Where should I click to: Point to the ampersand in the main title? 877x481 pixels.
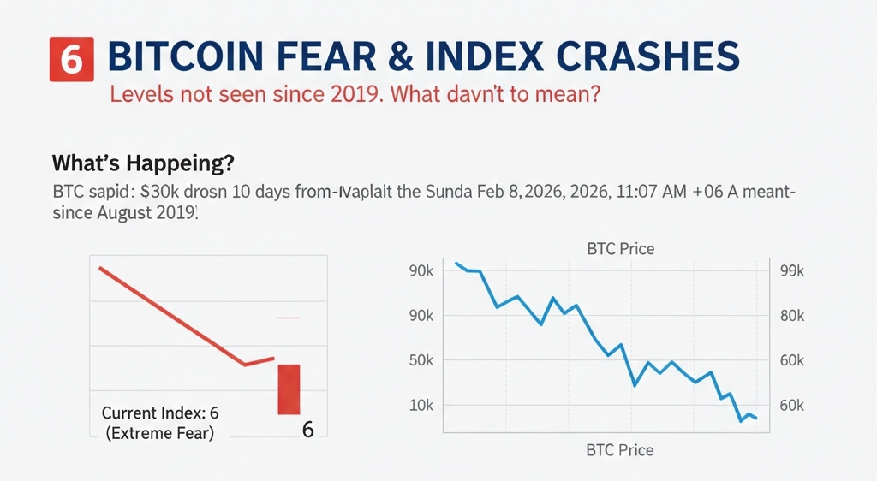(x=443, y=58)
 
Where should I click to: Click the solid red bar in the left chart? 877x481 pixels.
(x=289, y=389)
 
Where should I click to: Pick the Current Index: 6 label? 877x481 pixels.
(x=160, y=413)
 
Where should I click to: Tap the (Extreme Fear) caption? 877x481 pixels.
(x=160, y=433)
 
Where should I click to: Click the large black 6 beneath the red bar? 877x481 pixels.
(x=308, y=430)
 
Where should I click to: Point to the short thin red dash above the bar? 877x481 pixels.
(x=289, y=318)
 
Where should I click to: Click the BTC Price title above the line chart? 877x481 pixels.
(x=620, y=250)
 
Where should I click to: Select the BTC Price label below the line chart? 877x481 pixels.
(x=619, y=450)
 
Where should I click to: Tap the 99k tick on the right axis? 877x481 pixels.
(x=793, y=271)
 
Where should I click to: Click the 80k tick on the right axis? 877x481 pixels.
(x=793, y=316)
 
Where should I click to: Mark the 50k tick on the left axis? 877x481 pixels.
(x=423, y=360)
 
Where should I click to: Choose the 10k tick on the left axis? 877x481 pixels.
(x=422, y=405)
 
